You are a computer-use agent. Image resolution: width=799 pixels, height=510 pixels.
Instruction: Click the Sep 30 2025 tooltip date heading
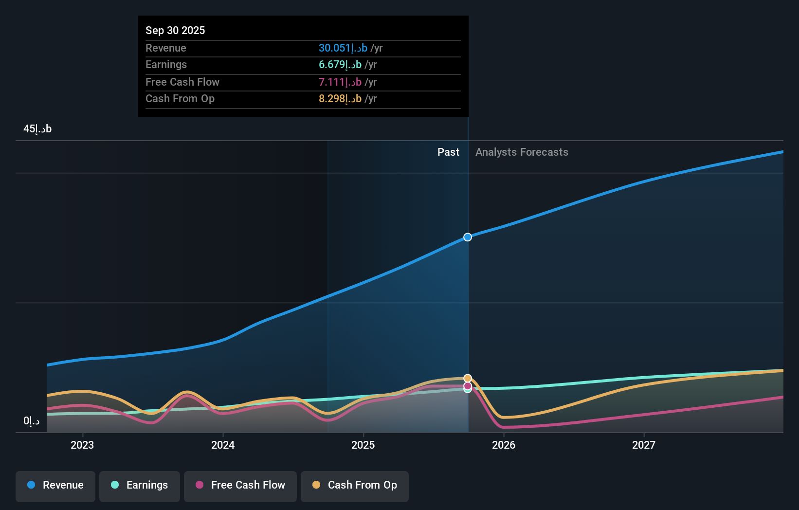175,30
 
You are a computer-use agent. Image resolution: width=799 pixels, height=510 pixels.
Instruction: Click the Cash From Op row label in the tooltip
180,98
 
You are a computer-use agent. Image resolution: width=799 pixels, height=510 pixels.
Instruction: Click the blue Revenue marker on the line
468,237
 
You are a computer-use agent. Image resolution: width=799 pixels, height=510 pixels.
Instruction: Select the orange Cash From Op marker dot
468,378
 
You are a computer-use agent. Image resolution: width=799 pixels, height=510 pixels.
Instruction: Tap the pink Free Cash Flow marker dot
468,386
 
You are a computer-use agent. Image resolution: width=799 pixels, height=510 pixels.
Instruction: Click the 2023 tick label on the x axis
82,445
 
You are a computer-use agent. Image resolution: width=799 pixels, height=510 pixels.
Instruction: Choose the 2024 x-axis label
223,445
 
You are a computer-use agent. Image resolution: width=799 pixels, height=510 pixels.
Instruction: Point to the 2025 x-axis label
363,445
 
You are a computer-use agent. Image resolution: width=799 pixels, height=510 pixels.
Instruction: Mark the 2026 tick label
504,445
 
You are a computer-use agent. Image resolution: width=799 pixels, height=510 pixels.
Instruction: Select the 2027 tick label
644,445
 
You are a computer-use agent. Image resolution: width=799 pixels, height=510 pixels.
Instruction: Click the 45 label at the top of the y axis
37,129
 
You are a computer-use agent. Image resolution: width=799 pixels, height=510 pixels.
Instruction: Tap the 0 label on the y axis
31,421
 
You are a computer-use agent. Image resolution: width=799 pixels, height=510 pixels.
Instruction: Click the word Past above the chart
448,152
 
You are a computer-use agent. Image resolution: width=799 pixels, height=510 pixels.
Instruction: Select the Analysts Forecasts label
522,152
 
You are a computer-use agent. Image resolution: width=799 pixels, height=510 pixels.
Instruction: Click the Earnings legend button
140,485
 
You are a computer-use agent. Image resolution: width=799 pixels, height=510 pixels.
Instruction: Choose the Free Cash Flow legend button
240,485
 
